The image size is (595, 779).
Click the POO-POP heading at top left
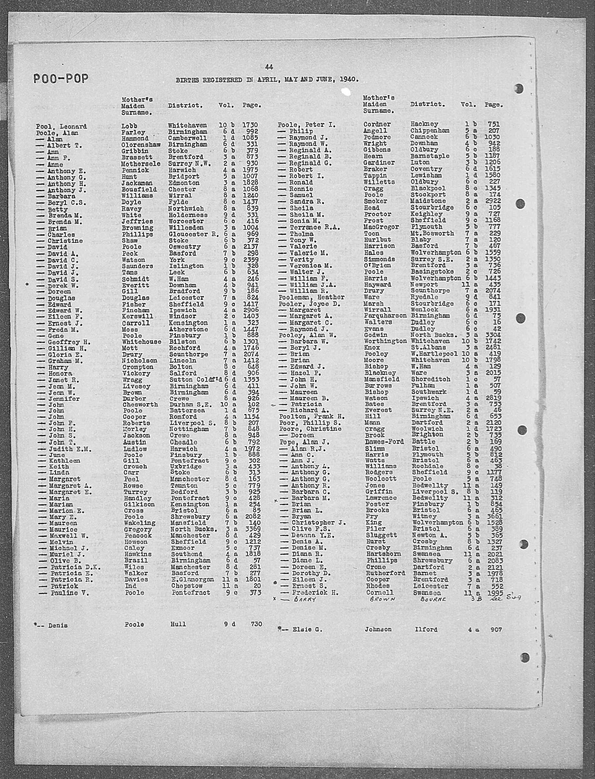point(61,79)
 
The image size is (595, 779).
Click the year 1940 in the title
point(348,80)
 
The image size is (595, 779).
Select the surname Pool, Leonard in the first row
point(61,127)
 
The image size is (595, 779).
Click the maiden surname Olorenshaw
point(141,145)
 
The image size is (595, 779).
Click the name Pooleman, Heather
point(311,297)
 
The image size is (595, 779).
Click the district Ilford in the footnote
point(426,629)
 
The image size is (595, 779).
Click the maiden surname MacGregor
point(381,227)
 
